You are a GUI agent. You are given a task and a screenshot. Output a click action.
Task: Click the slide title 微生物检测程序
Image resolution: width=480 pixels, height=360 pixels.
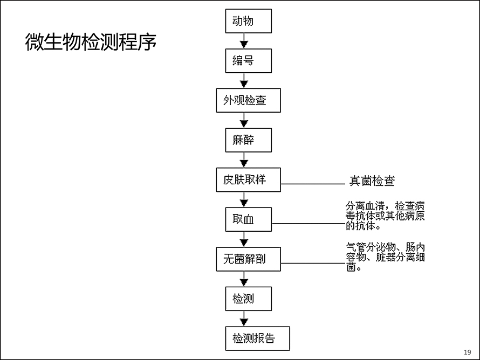click(91, 42)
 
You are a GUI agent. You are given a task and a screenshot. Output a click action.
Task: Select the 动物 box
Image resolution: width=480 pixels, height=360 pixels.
click(248, 21)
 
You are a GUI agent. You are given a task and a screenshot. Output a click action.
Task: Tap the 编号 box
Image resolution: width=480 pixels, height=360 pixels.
click(248, 60)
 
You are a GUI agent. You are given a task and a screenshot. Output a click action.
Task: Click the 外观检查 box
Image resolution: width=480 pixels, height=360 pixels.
click(248, 100)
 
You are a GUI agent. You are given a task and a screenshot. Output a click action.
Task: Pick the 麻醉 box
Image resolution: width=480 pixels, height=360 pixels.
click(248, 140)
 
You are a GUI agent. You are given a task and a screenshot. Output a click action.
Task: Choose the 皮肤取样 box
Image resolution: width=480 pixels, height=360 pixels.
click(248, 180)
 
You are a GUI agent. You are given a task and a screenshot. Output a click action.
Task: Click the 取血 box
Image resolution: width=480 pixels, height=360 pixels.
click(248, 219)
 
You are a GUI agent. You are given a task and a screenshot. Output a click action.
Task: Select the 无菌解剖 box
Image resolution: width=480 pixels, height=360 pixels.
click(248, 259)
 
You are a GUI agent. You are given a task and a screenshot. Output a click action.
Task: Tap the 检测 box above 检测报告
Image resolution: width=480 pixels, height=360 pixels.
click(248, 299)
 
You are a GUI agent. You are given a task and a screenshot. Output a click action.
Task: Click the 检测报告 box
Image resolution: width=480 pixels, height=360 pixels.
click(257, 338)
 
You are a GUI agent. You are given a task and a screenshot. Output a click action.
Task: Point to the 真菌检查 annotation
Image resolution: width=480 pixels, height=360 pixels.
click(372, 181)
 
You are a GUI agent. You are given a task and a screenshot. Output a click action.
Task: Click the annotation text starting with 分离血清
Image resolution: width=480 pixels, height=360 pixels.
click(385, 216)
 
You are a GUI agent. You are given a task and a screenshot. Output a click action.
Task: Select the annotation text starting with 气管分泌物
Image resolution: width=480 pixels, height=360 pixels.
click(386, 257)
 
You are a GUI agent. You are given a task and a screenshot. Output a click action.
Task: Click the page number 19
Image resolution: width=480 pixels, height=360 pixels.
click(468, 352)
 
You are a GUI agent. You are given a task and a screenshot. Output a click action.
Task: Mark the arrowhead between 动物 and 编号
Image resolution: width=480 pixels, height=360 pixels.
click(244, 45)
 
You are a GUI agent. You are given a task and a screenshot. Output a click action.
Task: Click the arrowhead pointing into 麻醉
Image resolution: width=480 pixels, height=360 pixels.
click(244, 124)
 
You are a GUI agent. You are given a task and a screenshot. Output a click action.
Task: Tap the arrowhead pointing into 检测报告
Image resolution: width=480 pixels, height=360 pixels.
click(244, 322)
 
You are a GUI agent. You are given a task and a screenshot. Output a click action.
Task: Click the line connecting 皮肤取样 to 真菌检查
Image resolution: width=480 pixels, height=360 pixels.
click(313, 184)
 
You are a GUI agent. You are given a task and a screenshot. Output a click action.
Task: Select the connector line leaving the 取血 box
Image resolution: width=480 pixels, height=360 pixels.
click(308, 224)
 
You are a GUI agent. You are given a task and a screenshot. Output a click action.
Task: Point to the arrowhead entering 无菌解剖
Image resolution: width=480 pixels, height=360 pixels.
click(244, 243)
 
